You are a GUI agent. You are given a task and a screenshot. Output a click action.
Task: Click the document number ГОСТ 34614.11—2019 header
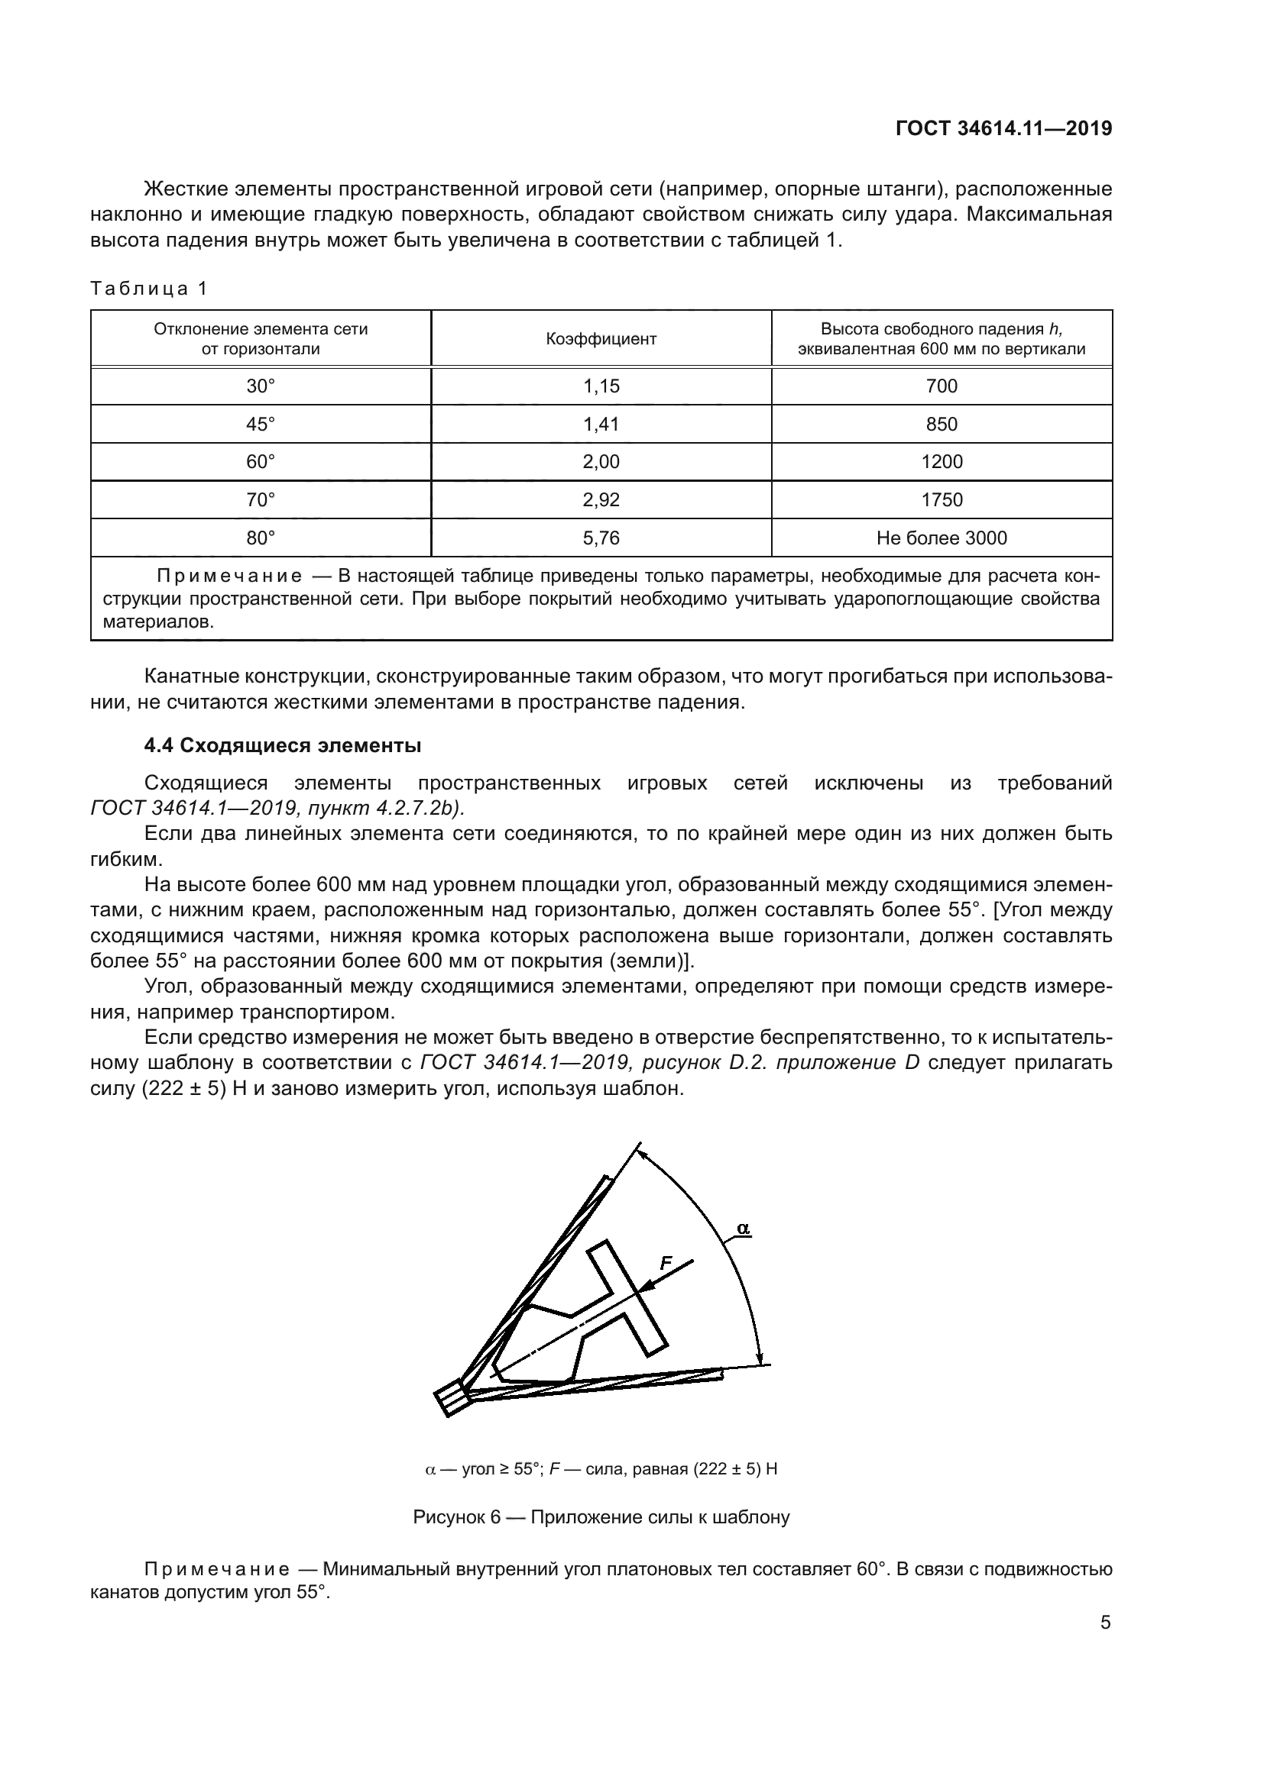1003,129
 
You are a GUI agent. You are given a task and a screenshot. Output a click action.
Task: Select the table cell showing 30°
261,386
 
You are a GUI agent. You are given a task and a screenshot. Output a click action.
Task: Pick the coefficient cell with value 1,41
601,424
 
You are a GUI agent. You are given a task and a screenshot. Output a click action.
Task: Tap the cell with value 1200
942,462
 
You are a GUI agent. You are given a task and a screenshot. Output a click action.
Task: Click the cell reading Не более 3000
942,538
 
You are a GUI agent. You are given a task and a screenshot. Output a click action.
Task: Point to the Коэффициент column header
601,339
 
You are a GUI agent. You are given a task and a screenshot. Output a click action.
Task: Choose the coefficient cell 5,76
601,538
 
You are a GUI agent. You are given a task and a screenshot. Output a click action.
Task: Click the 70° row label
261,500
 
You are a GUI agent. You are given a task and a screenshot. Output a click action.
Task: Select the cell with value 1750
942,500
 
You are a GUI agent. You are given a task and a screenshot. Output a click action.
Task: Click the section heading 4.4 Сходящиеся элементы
283,745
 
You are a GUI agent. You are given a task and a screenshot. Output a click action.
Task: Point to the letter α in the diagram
743,1229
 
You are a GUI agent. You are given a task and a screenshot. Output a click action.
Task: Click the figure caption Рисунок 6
601,1518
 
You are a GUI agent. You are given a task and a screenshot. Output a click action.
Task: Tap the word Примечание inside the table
228,576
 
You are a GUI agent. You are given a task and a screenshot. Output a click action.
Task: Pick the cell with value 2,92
601,500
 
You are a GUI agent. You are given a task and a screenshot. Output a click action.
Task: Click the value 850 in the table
942,424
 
